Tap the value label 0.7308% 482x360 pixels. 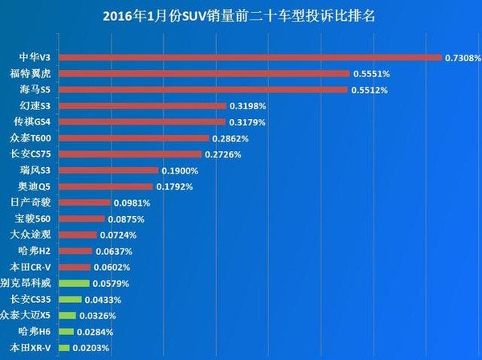pos(463,58)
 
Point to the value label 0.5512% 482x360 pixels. pos(370,90)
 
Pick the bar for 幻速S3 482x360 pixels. pos(143,105)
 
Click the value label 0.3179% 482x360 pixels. pos(247,122)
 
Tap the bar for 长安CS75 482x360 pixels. pos(130,153)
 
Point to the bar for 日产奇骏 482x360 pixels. pos(84,202)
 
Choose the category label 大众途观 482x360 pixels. pos(32,235)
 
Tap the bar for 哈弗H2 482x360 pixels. pos(76,251)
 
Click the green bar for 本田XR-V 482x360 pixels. pos(64,347)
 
